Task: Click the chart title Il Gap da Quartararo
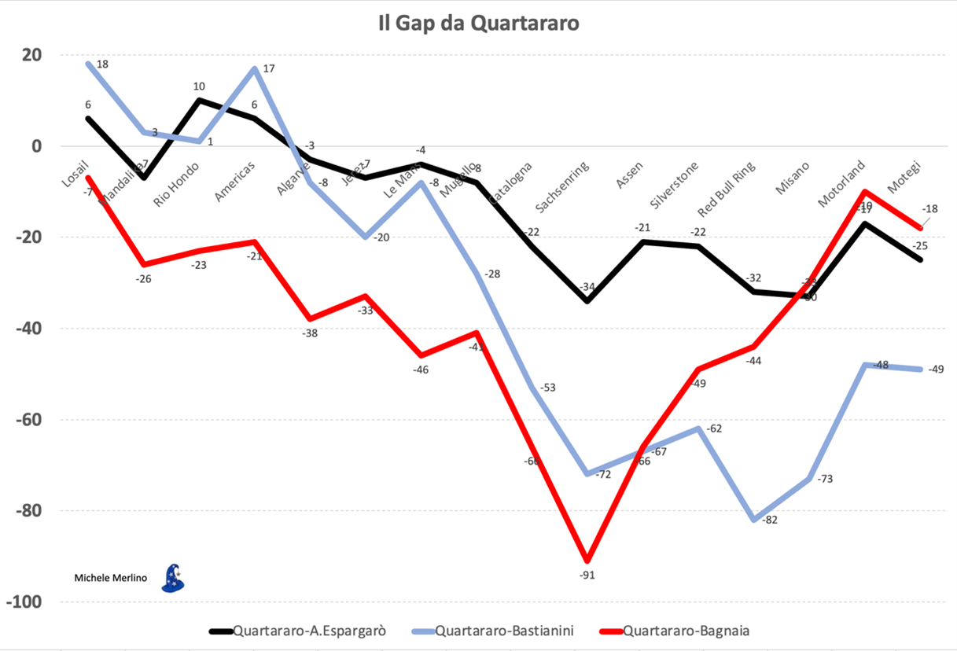(x=478, y=24)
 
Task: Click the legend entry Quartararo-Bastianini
(x=502, y=630)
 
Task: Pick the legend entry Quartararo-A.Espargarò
(x=308, y=630)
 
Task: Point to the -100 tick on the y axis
(x=26, y=601)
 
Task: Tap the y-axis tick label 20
(x=32, y=55)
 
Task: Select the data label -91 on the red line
(x=587, y=575)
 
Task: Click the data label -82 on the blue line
(x=771, y=520)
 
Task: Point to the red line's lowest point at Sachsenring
(x=587, y=560)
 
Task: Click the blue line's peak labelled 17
(x=255, y=68)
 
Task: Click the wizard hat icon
(x=172, y=578)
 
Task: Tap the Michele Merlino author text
(x=110, y=578)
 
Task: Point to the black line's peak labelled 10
(x=199, y=100)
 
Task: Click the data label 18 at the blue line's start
(x=101, y=64)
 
